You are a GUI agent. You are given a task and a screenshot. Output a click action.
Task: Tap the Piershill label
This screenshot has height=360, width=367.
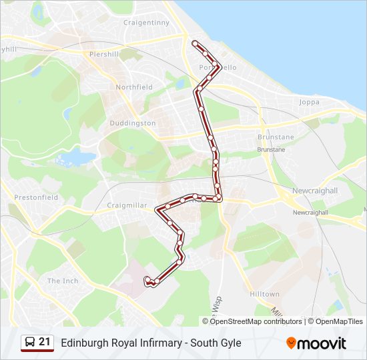pyautogui.click(x=103, y=53)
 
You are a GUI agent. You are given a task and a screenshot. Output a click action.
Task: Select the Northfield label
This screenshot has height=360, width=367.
pyautogui.click(x=134, y=87)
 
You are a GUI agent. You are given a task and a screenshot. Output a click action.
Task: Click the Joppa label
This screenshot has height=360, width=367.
pyautogui.click(x=310, y=102)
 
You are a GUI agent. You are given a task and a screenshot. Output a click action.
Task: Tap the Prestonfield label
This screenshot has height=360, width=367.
pyautogui.click(x=36, y=197)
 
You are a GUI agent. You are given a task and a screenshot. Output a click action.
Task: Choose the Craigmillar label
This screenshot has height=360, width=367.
pyautogui.click(x=127, y=205)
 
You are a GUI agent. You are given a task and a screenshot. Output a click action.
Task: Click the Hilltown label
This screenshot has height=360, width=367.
pyautogui.click(x=264, y=294)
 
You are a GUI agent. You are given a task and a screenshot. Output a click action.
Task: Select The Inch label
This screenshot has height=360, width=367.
pyautogui.click(x=63, y=281)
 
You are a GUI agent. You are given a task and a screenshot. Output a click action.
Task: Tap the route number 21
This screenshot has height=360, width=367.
pyautogui.click(x=45, y=342)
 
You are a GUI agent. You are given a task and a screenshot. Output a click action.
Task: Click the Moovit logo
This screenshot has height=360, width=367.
pyautogui.click(x=316, y=343)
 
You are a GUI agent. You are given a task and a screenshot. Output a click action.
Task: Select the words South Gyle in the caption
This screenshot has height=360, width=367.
pyautogui.click(x=216, y=343)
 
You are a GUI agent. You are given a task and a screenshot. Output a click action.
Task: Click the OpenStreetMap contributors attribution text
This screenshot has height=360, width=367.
pyautogui.click(x=256, y=321)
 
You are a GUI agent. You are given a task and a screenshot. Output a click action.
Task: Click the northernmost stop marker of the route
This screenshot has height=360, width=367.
pyautogui.click(x=195, y=43)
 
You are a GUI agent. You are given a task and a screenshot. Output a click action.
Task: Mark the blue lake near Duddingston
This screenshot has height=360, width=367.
pyautogui.click(x=77, y=159)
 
